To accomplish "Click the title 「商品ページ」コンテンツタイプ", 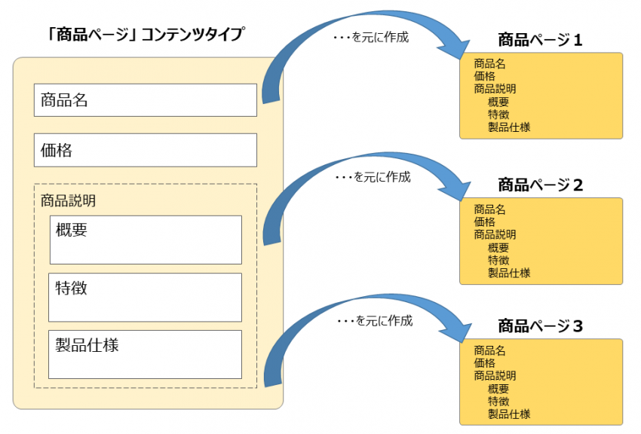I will pyautogui.click(x=146, y=35).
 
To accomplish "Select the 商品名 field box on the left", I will pyautogui.click(x=145, y=100).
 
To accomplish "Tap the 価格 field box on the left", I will pyautogui.click(x=145, y=150).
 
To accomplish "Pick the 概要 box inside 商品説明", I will pyautogui.click(x=145, y=240).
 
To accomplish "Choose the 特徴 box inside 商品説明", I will pyautogui.click(x=145, y=297).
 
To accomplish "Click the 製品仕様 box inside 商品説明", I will pyautogui.click(x=145, y=354).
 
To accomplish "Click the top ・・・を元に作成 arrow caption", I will pyautogui.click(x=371, y=36).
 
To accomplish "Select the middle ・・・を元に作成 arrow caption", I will pyautogui.click(x=373, y=178).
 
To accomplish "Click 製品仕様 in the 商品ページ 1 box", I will pyautogui.click(x=508, y=127).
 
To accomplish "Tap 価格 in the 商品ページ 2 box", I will pyautogui.click(x=484, y=222).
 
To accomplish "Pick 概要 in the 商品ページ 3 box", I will pyautogui.click(x=498, y=389).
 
